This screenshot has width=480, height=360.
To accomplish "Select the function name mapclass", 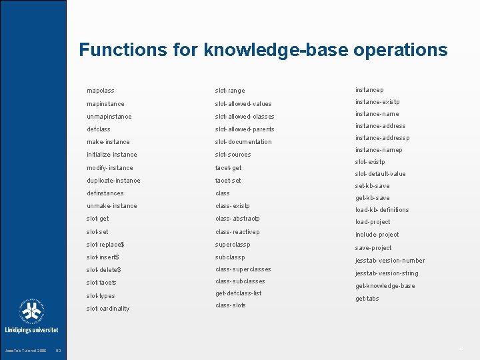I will [x=101, y=91].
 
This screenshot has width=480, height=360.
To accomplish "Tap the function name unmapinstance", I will [x=109, y=117].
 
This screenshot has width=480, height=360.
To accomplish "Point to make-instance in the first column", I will [x=108, y=142].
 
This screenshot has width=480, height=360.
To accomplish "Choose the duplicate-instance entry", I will [x=113, y=181].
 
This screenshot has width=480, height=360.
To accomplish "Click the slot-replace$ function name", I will [x=105, y=245].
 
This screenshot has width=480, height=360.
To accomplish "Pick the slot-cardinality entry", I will [x=108, y=309].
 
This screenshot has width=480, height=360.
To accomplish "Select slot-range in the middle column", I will [x=230, y=91].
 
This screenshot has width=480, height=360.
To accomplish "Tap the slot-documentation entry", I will [x=243, y=142].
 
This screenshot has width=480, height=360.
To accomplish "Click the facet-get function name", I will [x=228, y=168].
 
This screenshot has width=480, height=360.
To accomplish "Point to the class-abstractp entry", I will [x=237, y=219].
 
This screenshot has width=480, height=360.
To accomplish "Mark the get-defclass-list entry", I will [x=238, y=293].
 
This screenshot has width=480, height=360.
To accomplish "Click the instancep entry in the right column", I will [x=369, y=90].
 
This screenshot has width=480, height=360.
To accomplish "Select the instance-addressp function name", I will [x=382, y=138].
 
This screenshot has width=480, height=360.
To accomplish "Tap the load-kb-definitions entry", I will [x=382, y=210].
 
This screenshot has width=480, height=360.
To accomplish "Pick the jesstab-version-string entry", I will [x=387, y=273].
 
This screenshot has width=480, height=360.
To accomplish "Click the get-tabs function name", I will [x=367, y=299].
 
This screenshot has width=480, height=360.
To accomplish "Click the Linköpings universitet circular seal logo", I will [x=31, y=311].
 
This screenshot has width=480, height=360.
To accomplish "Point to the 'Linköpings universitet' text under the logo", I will [x=32, y=329].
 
